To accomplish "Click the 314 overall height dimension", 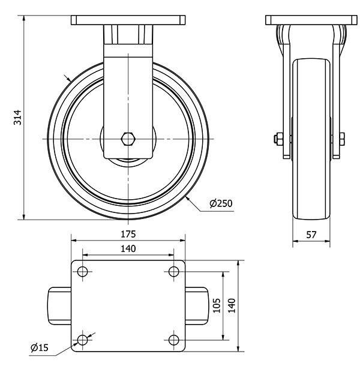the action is pyautogui.click(x=17, y=118).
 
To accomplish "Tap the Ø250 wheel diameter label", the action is pyautogui.click(x=221, y=203).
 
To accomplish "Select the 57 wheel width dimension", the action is pyautogui.click(x=311, y=235).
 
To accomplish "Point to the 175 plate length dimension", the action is pyautogui.click(x=128, y=234).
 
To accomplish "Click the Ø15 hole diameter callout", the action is pyautogui.click(x=40, y=347).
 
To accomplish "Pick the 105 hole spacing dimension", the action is pyautogui.click(x=217, y=305).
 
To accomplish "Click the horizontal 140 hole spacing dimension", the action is pyautogui.click(x=128, y=249).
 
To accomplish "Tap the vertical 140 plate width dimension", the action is pyautogui.click(x=232, y=305).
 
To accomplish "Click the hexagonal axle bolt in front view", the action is pyautogui.click(x=128, y=139).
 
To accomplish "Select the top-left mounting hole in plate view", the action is pyautogui.click(x=82, y=271).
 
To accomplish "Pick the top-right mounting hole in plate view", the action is pyautogui.click(x=173, y=271).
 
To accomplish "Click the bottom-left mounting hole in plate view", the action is pyautogui.click(x=82, y=340).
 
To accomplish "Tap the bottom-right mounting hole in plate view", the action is pyautogui.click(x=173, y=340).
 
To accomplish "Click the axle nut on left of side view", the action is pyautogui.click(x=278, y=139).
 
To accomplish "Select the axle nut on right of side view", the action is pyautogui.click(x=342, y=139).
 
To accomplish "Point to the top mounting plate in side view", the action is pyautogui.click(x=311, y=20).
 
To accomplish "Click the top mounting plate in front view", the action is pyautogui.click(x=128, y=20).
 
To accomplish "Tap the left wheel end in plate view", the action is pyautogui.click(x=59, y=306).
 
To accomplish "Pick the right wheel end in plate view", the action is pyautogui.click(x=197, y=306).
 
